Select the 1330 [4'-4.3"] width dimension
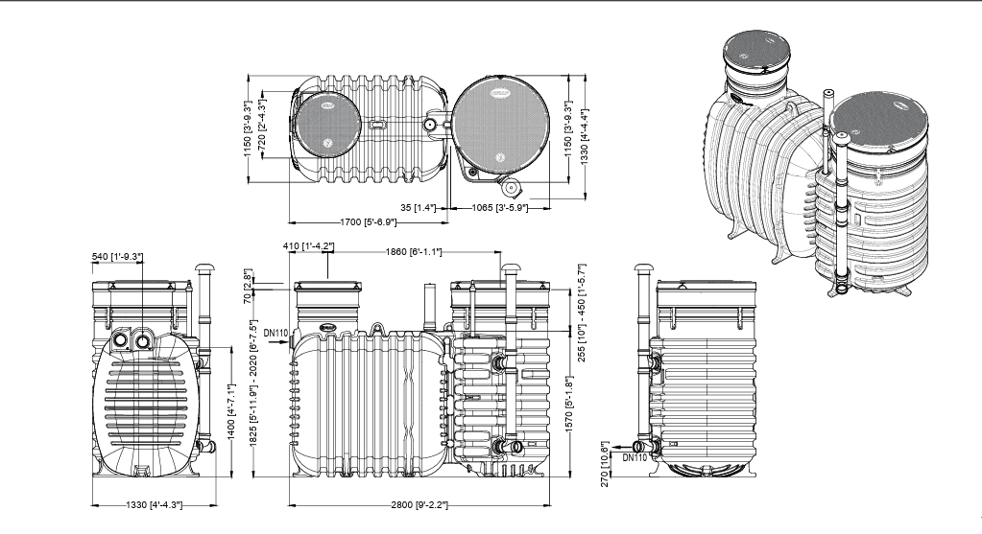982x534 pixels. point(151,504)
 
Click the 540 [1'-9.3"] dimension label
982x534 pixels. point(116,256)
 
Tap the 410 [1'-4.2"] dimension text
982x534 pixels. point(310,246)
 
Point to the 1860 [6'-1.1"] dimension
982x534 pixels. point(414,252)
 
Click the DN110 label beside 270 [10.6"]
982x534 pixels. point(635,457)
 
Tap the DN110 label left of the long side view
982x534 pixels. point(275,334)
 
